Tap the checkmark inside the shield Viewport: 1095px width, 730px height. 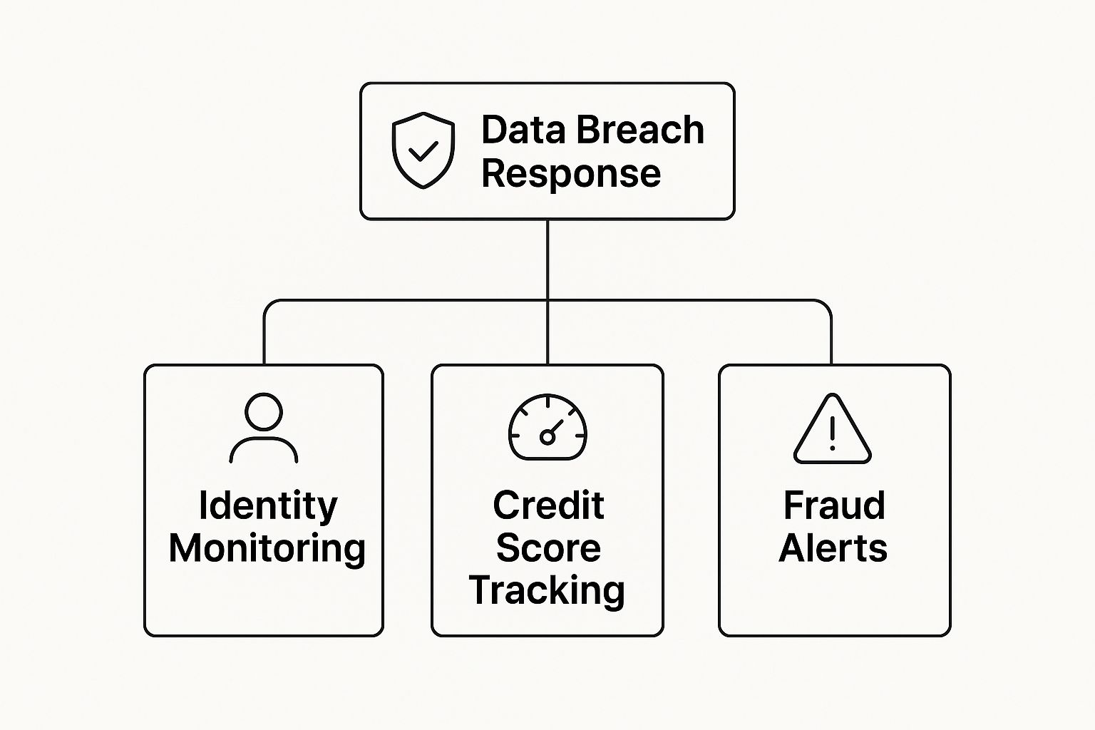click(423, 151)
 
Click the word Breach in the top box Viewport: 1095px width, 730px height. click(640, 130)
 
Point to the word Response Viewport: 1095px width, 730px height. click(571, 175)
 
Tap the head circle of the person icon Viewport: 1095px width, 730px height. click(264, 412)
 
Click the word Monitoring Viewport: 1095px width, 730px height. click(267, 549)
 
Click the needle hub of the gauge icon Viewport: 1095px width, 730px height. click(547, 437)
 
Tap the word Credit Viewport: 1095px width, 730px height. click(548, 505)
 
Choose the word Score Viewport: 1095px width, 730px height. click(548, 548)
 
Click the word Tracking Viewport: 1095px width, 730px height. click(547, 592)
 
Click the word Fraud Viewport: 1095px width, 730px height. click(834, 505)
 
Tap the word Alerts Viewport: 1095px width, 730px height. click(833, 548)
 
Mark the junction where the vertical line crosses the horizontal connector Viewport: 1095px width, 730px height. click(547, 300)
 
